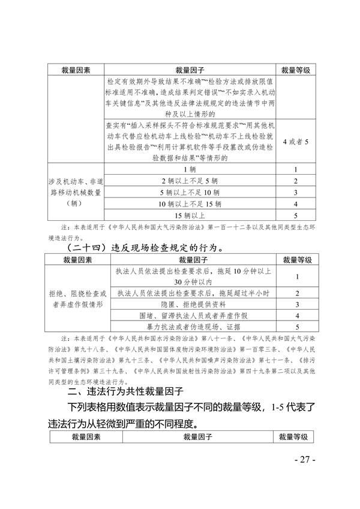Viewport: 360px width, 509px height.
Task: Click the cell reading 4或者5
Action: pyautogui.click(x=295, y=142)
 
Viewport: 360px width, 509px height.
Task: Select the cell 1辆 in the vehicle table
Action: pyautogui.click(x=190, y=169)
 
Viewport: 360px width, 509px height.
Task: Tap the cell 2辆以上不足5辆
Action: pyautogui.click(x=190, y=181)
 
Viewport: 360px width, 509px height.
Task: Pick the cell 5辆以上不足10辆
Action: pyautogui.click(x=190, y=192)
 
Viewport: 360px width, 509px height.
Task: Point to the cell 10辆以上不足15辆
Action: pyautogui.click(x=190, y=203)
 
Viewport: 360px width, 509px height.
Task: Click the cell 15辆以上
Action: pyautogui.click(x=190, y=215)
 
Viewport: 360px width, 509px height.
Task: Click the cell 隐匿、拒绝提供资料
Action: pyautogui.click(x=191, y=304)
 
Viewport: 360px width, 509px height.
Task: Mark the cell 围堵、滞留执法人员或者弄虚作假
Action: pyautogui.click(x=191, y=315)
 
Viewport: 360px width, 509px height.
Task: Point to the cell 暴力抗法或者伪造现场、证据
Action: pyautogui.click(x=191, y=327)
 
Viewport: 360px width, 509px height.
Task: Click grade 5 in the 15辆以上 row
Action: pyautogui.click(x=295, y=215)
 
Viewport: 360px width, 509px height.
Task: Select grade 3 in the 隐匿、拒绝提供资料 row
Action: pyautogui.click(x=295, y=304)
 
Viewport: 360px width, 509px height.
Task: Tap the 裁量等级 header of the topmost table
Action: pyautogui.click(x=295, y=70)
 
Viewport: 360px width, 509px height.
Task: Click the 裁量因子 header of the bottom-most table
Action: pyautogui.click(x=191, y=437)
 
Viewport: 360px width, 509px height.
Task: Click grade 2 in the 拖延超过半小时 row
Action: pyautogui.click(x=295, y=292)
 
